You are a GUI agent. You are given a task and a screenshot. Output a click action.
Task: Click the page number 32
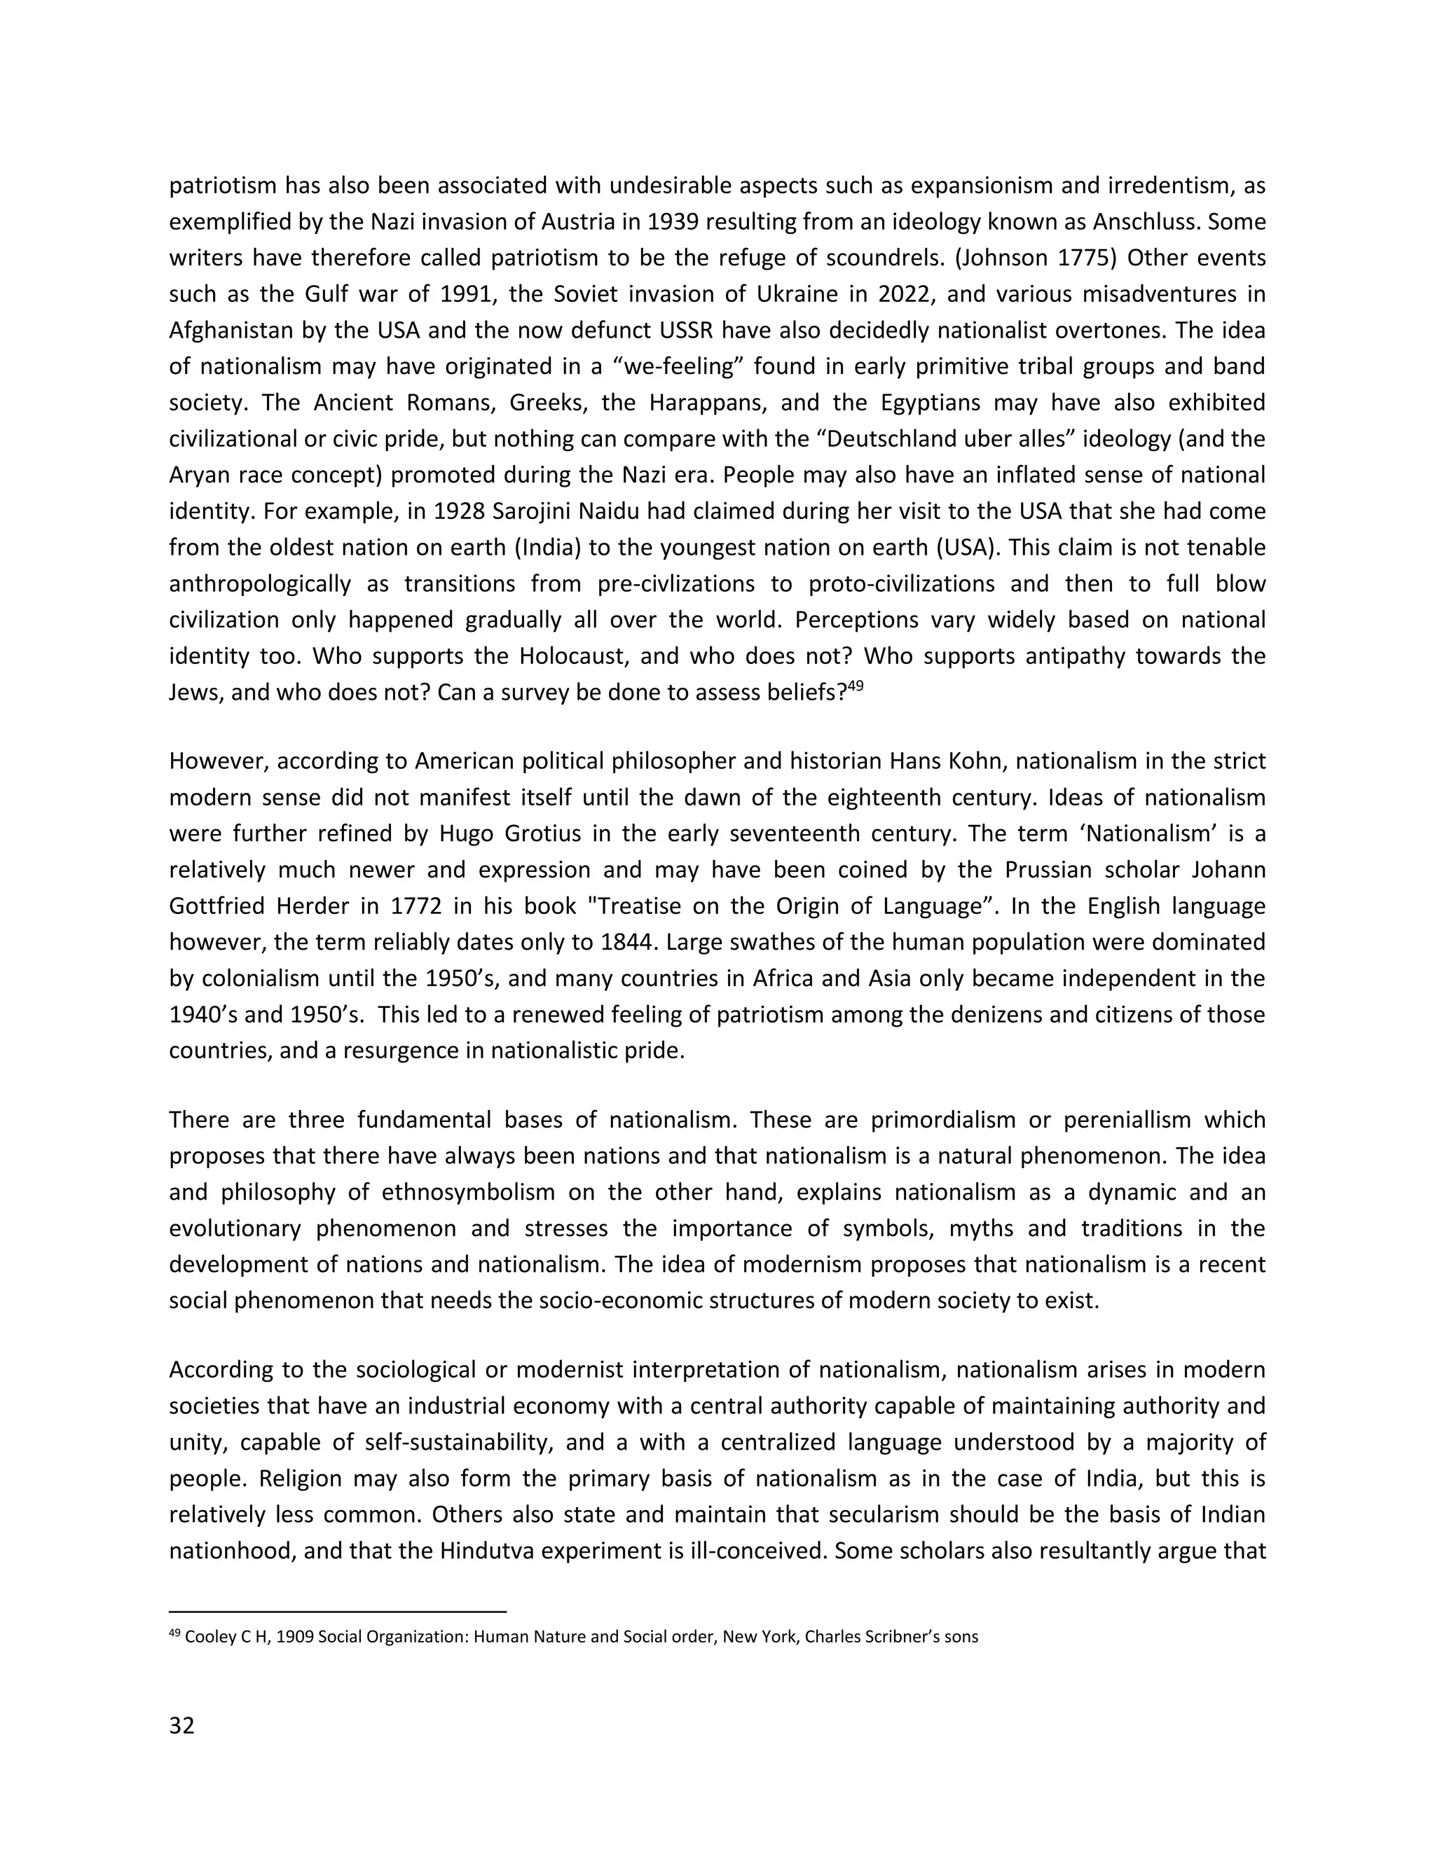pyautogui.click(x=182, y=1725)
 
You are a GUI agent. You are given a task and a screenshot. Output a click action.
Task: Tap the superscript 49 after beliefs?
pyautogui.click(x=856, y=686)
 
